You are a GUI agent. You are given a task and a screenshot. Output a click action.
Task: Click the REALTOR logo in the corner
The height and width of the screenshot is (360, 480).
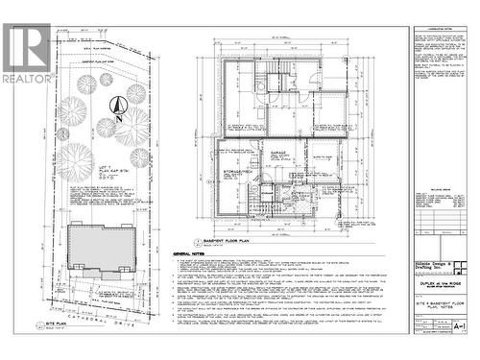(x=27, y=52)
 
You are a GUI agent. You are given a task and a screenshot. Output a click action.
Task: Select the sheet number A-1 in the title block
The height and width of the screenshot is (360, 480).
(x=460, y=326)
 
